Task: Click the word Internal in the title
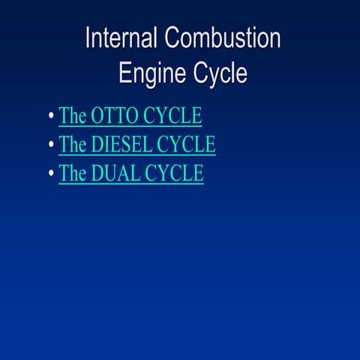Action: coord(121,38)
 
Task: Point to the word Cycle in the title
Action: coord(221,73)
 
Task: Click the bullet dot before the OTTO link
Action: coord(49,117)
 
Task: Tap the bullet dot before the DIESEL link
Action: coord(49,145)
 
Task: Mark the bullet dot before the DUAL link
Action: coord(49,173)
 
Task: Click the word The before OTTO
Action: coord(73,116)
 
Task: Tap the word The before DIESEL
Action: coord(73,144)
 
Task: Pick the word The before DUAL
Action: coord(73,172)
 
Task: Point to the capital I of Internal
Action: coord(88,38)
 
